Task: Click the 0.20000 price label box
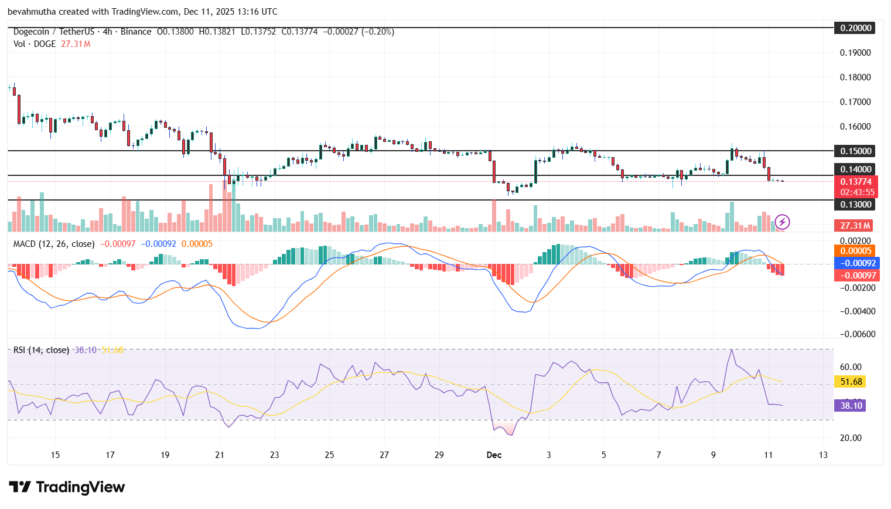(855, 28)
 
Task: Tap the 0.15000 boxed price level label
(855, 151)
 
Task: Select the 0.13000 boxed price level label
(855, 205)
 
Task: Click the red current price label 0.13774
(856, 182)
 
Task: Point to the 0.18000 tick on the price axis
(855, 77)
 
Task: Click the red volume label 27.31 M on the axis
(855, 226)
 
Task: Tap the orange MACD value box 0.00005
(856, 252)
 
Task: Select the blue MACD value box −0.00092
(856, 263)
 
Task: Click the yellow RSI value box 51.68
(851, 382)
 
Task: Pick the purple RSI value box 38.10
(851, 406)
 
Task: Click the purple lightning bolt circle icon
(783, 222)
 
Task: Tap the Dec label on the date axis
(494, 455)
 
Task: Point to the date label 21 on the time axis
(220, 455)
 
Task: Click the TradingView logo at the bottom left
(67, 487)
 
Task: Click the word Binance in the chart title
(136, 32)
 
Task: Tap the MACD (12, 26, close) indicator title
(54, 244)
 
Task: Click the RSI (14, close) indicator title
(41, 350)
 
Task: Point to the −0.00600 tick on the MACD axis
(858, 334)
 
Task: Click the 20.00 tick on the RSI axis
(851, 438)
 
